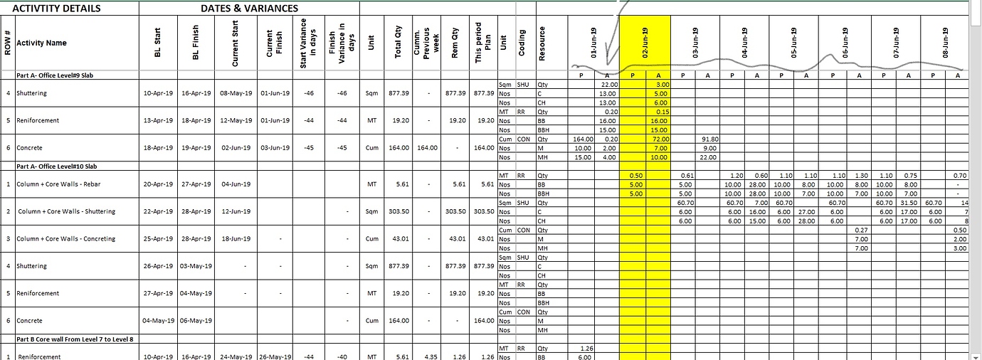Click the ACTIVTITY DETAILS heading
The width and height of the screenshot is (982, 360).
click(57, 9)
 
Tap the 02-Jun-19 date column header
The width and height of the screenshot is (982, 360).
click(644, 43)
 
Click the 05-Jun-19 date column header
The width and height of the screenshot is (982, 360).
click(794, 43)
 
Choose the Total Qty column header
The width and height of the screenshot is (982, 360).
click(398, 43)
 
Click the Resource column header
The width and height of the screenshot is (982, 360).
click(543, 43)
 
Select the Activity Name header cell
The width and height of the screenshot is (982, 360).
click(41, 43)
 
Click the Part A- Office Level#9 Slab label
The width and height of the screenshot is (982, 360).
click(55, 75)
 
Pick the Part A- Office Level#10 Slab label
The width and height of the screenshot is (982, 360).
click(56, 166)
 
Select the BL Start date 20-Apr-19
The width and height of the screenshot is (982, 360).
click(158, 184)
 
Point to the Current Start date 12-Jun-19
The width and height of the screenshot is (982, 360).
click(235, 211)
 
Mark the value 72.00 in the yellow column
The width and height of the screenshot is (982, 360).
click(659, 139)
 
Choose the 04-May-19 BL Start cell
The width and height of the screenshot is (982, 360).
click(158, 321)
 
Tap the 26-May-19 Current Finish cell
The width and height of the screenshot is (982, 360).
click(275, 356)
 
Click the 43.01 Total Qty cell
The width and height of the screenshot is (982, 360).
click(400, 239)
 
